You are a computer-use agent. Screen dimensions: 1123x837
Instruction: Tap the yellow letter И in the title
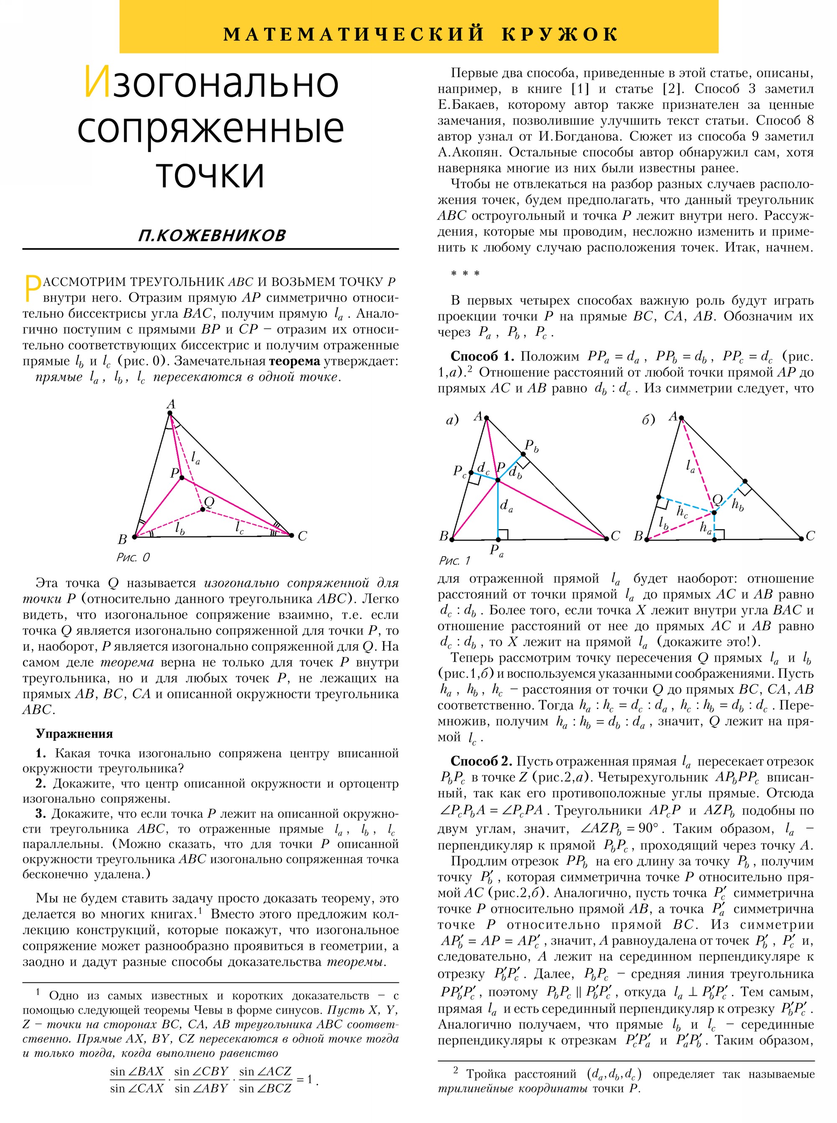(97, 82)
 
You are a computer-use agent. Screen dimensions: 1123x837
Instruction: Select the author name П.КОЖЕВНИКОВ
(211, 235)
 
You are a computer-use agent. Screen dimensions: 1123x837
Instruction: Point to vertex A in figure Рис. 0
(170, 413)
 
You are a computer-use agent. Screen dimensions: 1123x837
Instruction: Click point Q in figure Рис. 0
(203, 509)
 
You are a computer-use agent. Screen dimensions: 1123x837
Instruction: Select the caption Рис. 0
(133, 558)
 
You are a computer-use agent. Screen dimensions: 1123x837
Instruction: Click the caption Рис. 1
(454, 560)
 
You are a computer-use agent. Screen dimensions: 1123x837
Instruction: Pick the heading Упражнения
(74, 734)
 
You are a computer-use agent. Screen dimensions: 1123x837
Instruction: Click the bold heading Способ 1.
(482, 356)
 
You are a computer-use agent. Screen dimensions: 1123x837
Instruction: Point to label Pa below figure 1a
(496, 550)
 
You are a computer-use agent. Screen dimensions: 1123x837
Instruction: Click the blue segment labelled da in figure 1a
(498, 509)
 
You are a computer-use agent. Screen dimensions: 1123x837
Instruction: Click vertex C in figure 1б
(801, 538)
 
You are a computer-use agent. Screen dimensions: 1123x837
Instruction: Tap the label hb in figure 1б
(738, 504)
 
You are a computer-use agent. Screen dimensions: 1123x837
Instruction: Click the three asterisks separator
(465, 274)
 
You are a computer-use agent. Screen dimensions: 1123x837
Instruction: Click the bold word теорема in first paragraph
(294, 361)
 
